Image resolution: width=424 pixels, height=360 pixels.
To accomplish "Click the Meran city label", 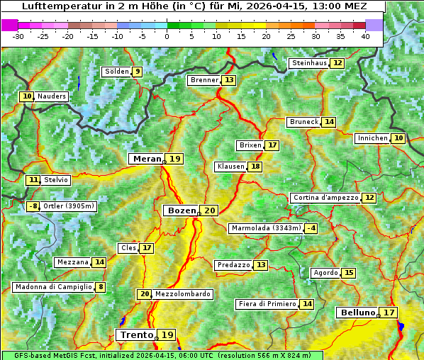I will [146, 159].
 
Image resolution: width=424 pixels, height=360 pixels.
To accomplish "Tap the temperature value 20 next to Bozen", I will [209, 210].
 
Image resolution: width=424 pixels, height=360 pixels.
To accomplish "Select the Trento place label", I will [136, 334].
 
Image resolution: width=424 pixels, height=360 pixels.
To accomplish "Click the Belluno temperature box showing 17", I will [389, 313].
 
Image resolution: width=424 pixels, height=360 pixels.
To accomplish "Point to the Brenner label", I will [204, 81].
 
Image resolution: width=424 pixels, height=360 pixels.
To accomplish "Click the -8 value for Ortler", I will [33, 206].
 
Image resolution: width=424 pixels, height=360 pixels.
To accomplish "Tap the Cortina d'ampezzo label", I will [325, 198].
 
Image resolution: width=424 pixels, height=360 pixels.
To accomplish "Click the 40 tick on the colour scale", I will [364, 35].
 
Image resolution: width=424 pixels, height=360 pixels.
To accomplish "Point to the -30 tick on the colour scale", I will [18, 35].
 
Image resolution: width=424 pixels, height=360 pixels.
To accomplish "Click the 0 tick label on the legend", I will [167, 35].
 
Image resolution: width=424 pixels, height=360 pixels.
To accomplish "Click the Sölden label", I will [116, 72].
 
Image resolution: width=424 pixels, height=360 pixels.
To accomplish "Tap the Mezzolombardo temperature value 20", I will [145, 294].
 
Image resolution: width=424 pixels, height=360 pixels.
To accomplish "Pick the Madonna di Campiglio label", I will [53, 287].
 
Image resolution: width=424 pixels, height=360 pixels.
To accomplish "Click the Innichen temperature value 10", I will [398, 138].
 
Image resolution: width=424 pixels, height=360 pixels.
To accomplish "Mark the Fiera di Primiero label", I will [267, 304].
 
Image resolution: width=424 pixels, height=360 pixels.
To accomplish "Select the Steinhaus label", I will [309, 63].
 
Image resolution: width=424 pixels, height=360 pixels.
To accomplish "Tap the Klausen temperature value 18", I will [255, 167].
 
